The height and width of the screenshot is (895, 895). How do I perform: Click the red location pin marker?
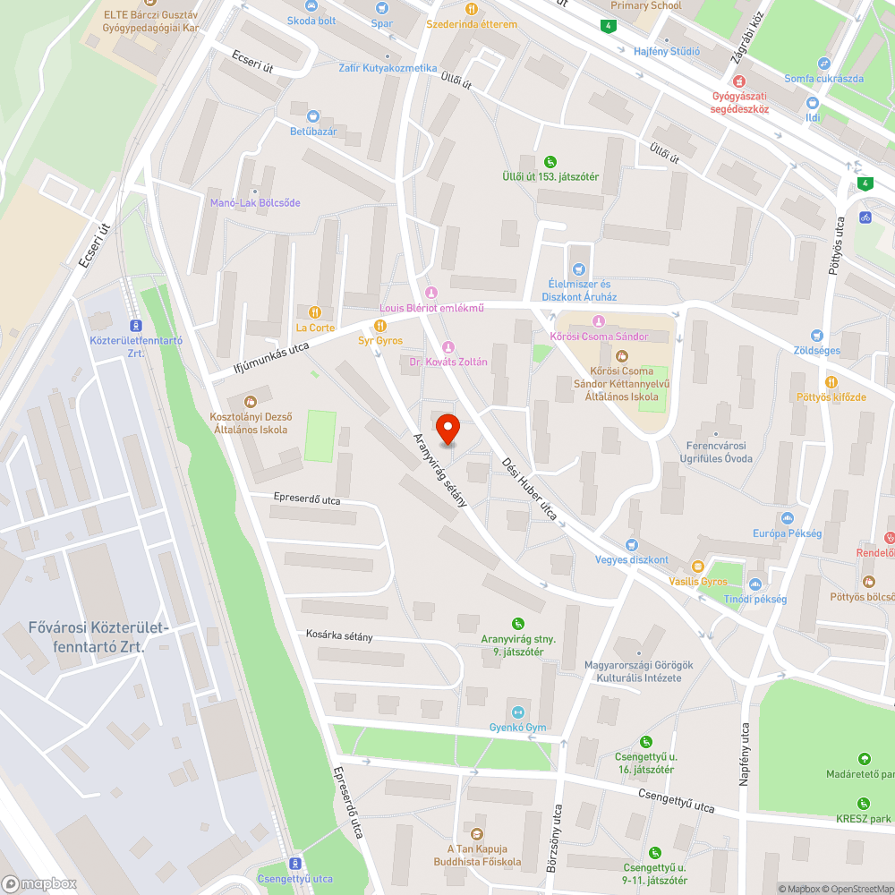pyautogui.click(x=446, y=428)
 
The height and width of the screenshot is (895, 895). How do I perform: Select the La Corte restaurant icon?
pyautogui.click(x=314, y=311)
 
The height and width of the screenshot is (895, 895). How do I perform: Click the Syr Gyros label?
pyautogui.click(x=380, y=341)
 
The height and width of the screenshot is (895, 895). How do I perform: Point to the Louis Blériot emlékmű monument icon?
pyautogui.click(x=431, y=293)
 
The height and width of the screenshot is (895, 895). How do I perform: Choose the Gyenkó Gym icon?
pyautogui.click(x=511, y=712)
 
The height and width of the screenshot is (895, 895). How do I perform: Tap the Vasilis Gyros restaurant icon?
pyautogui.click(x=698, y=566)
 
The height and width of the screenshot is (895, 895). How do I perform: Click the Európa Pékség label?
pyautogui.click(x=788, y=533)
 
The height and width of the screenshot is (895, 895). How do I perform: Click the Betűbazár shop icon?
pyautogui.click(x=312, y=116)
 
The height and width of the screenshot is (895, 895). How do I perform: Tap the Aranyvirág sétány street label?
pyautogui.click(x=439, y=469)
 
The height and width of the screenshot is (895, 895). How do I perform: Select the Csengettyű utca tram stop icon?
pyautogui.click(x=294, y=863)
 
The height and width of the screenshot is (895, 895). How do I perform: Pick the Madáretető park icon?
pyautogui.click(x=864, y=758)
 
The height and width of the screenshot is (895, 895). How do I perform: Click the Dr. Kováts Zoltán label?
pyautogui.click(x=447, y=362)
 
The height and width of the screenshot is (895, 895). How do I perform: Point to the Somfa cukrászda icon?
pyautogui.click(x=823, y=63)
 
